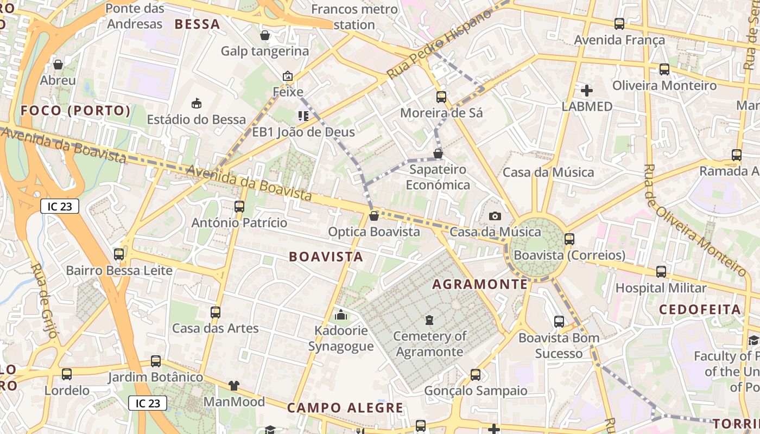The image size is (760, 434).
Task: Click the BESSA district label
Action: coord(197,24)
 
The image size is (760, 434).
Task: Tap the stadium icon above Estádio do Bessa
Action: coord(197,103)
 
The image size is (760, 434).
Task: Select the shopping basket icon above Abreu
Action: coord(58,65)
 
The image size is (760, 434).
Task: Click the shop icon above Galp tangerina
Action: coord(265,36)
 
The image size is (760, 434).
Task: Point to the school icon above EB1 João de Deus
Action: coord(303,116)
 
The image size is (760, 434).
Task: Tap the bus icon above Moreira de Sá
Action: coord(441,97)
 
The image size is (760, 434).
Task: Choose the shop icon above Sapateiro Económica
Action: coord(438,154)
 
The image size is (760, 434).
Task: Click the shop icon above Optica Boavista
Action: coord(374,216)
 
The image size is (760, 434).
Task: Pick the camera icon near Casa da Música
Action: coord(495,216)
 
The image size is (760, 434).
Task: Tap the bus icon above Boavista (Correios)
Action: coord(569,239)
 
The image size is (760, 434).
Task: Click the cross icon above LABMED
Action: coord(587,91)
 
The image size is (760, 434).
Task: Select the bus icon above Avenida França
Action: coord(619,24)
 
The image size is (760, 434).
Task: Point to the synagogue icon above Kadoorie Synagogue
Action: coord(341,314)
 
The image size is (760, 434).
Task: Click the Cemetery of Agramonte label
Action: coord(429,344)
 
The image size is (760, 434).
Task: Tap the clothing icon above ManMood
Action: coord(234,386)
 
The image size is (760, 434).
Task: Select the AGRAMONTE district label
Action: coord(480,284)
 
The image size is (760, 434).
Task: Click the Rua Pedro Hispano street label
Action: coord(439,44)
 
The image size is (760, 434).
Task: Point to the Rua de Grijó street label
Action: coord(43,301)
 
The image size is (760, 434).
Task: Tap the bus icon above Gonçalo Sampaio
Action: coord(476,374)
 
